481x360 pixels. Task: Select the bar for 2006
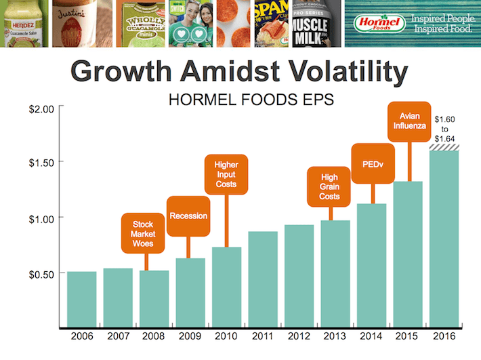pyautogui.click(x=81, y=298)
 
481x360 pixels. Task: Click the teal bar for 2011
pyautogui.click(x=262, y=279)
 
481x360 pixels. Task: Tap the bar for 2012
pyautogui.click(x=299, y=275)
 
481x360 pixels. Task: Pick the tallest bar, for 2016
pyautogui.click(x=444, y=237)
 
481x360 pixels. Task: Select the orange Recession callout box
pyautogui.click(x=188, y=216)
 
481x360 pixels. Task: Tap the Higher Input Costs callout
pyautogui.click(x=226, y=174)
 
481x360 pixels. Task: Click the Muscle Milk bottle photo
pyautogui.click(x=316, y=24)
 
